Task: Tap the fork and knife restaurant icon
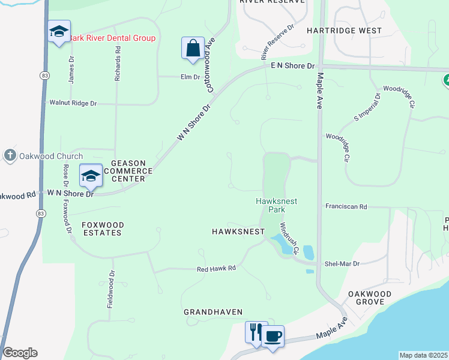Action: point(255,332)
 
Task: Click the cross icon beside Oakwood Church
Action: point(10,156)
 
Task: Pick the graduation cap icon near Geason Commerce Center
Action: point(91,175)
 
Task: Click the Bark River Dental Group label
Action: point(112,38)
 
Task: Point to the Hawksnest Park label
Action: point(276,206)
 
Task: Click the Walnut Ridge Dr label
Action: point(73,103)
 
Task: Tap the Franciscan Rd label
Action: point(346,206)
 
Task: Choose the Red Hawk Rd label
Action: point(216,269)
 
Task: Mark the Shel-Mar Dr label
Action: point(342,263)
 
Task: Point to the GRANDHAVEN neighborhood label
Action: point(213,312)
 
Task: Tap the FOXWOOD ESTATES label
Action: point(103,229)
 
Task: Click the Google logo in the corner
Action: point(20,353)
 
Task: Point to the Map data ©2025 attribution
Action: point(423,355)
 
